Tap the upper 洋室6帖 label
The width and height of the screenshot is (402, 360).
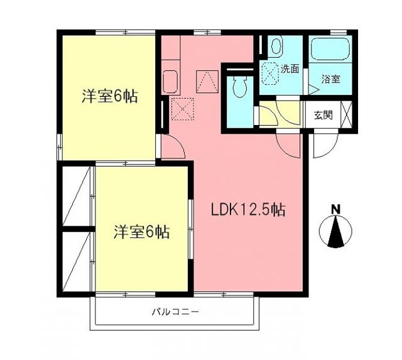[110, 97]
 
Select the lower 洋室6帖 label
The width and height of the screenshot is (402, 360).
[141, 231]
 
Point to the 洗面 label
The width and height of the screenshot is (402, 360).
[290, 70]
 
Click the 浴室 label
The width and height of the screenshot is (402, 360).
[331, 79]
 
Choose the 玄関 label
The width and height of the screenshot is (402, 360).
[323, 115]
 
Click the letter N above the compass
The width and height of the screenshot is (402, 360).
[335, 209]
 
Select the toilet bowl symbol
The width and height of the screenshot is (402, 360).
[238, 87]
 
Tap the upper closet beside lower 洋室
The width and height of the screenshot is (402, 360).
[77, 196]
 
